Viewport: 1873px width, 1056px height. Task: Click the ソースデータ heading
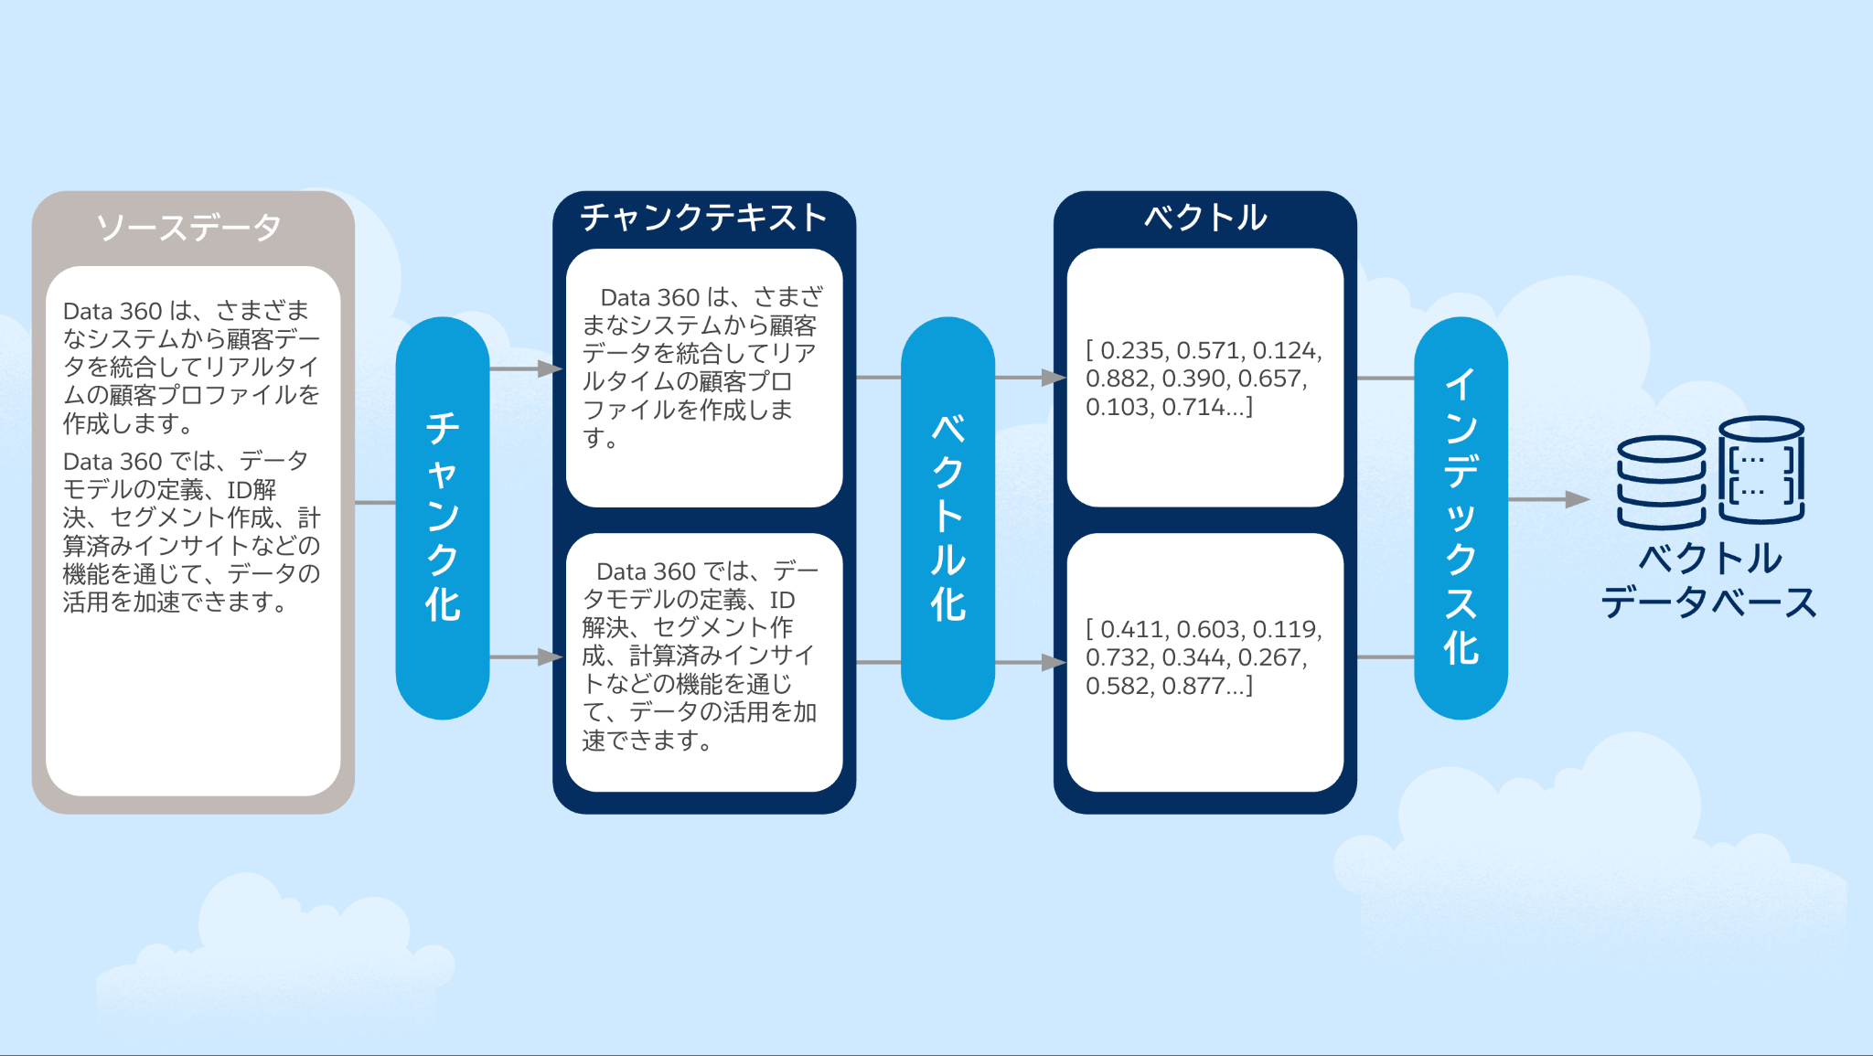(189, 227)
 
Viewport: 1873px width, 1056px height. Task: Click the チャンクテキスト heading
(703, 218)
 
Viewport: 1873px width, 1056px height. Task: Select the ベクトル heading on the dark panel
(1204, 218)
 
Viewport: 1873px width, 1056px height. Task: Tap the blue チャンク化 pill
(443, 517)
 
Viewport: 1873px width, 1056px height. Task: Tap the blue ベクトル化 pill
(947, 517)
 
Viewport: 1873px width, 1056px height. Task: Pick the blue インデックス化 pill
(1461, 517)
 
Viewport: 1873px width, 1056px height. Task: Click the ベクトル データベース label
(1708, 580)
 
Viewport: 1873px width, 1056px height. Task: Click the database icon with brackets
(1761, 469)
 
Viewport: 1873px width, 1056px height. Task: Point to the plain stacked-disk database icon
(1661, 482)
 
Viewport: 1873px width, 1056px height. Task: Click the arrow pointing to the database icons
(1575, 499)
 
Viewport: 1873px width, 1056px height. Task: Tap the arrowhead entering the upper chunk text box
(551, 368)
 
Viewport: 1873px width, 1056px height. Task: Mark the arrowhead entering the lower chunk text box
(551, 656)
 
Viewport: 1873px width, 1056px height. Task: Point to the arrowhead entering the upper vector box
(1054, 377)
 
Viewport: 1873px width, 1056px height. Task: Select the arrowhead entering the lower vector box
(1054, 662)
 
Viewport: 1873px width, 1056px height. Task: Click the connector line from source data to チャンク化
(375, 502)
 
